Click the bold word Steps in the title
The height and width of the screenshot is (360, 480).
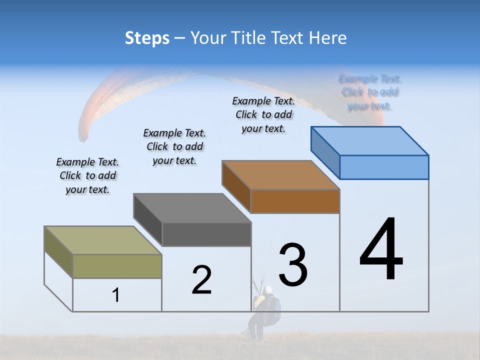point(147,38)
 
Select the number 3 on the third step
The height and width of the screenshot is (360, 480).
point(293,265)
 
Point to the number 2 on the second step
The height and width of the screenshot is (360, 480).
point(201,280)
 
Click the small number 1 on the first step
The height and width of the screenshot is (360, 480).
point(116,295)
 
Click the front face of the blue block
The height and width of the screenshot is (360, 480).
point(384,167)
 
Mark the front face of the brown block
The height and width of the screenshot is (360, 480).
point(295,201)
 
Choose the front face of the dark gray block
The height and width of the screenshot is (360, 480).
point(206,234)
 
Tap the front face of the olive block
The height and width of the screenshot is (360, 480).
point(117,266)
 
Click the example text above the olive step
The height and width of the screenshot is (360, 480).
point(87,175)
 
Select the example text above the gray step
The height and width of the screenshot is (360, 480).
point(174,146)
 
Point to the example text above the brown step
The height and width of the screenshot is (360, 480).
point(263,114)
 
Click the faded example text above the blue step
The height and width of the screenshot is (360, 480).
point(370,92)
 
